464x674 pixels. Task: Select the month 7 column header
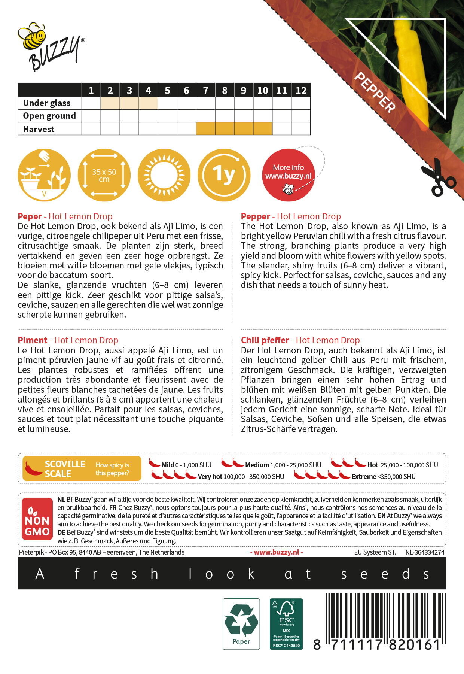click(205, 90)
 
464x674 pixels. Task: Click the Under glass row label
click(47, 103)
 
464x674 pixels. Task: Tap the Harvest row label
click(39, 129)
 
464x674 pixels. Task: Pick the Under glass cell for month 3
click(129, 103)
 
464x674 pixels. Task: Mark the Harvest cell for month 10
click(262, 129)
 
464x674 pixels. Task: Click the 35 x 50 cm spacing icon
click(104, 175)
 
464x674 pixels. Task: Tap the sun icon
click(164, 175)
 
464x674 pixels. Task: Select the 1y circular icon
click(224, 175)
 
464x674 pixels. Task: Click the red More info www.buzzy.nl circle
click(288, 175)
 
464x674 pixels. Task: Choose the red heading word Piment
click(33, 340)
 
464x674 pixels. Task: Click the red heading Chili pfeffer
click(265, 340)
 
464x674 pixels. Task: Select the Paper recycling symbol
click(241, 624)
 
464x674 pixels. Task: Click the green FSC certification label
click(286, 624)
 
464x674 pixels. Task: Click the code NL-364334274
click(425, 552)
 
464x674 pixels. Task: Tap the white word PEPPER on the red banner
click(375, 92)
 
